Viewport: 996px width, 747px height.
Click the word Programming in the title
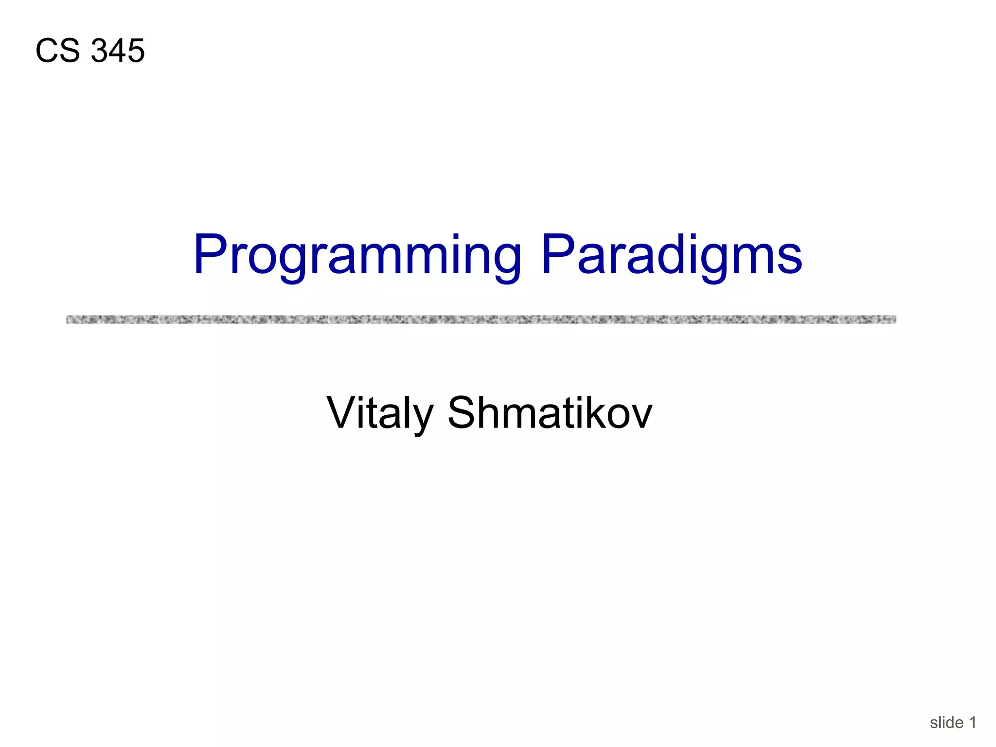357,255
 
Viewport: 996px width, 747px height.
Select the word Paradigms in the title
671,255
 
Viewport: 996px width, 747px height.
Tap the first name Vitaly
379,413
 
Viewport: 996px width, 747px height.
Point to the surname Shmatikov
550,413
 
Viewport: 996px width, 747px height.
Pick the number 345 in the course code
118,51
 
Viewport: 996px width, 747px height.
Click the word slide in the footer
946,723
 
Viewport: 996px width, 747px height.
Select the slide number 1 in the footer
973,723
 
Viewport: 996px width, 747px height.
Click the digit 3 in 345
99,51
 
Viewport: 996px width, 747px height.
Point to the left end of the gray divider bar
69,320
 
